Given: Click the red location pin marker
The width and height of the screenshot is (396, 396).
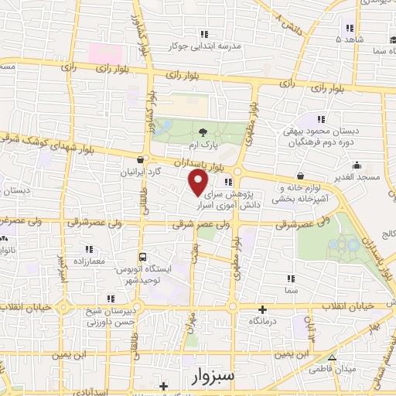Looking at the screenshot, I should [x=199, y=182].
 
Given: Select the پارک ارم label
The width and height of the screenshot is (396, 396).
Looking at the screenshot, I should [x=205, y=145].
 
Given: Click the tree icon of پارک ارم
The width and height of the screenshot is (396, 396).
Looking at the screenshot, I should [x=203, y=133].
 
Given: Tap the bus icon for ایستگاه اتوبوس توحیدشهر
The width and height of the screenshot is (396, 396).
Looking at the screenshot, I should [x=142, y=258].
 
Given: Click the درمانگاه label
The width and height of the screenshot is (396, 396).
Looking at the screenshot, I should [x=264, y=319].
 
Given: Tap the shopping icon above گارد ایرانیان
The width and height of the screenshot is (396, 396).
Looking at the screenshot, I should [x=139, y=160].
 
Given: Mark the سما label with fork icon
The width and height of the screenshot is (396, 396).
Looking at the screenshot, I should [x=291, y=289].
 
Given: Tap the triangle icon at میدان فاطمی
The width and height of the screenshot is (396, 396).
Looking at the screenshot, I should [x=330, y=358].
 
